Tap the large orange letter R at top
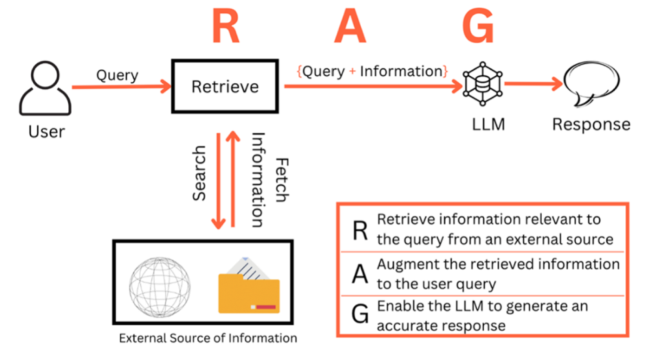[x=226, y=26]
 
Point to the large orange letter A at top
[x=350, y=26]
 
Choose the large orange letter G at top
[x=478, y=26]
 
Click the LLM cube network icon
[x=483, y=84]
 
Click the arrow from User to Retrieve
[x=122, y=87]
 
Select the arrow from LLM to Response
[x=534, y=84]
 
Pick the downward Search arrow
[x=218, y=181]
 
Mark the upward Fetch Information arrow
[x=233, y=179]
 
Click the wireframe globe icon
[x=160, y=287]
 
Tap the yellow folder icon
[x=249, y=288]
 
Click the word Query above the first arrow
[x=117, y=75]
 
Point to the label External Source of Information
[x=208, y=338]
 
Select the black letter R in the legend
[x=360, y=231]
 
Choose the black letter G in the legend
[x=360, y=314]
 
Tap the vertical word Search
[x=199, y=173]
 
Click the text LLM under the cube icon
[x=489, y=124]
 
